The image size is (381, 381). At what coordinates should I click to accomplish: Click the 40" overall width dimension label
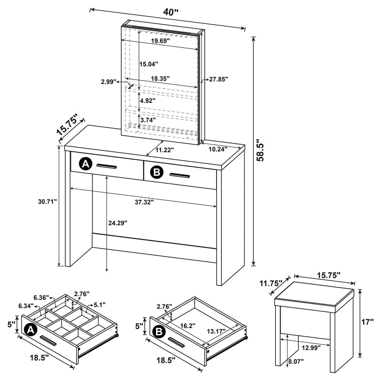pos(170,12)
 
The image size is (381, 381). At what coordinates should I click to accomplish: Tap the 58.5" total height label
pos(259,150)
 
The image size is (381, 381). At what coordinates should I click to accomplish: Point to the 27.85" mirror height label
pos(218,79)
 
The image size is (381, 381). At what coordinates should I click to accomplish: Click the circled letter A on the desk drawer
pos(85,164)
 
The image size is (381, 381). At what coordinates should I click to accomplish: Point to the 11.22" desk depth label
pos(164,150)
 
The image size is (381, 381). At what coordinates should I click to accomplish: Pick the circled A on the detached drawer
pos(30,329)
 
